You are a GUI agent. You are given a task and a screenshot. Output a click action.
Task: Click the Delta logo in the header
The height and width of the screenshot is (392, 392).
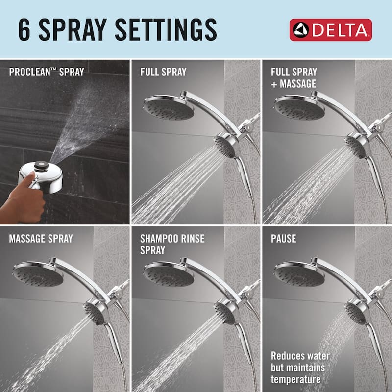(330, 30)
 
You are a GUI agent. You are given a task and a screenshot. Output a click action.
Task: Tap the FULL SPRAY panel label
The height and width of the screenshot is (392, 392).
(163, 73)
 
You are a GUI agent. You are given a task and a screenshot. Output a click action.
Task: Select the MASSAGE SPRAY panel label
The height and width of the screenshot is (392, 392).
(41, 239)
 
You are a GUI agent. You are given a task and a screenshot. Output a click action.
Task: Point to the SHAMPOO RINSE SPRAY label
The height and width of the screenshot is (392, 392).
(172, 245)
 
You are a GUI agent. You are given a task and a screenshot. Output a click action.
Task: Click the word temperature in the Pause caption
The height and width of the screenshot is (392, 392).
(296, 379)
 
